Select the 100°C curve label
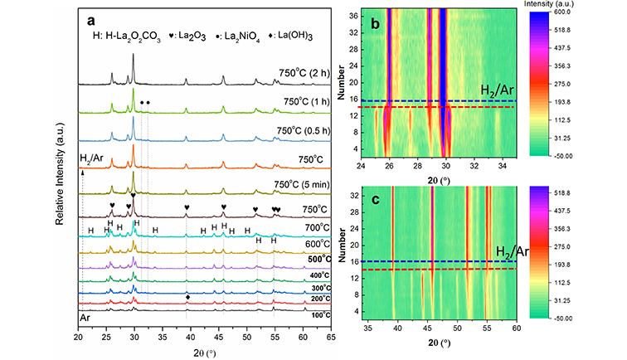(311, 314)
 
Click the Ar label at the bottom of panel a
(85, 317)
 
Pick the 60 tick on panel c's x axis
(517, 328)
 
